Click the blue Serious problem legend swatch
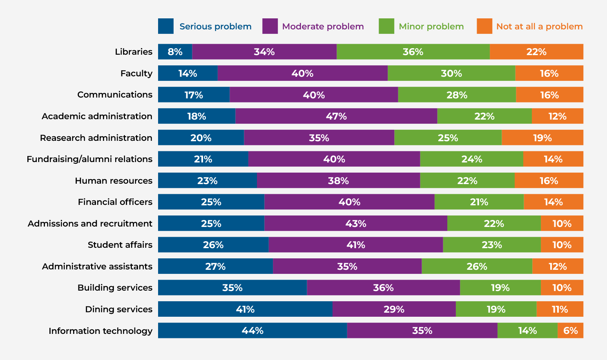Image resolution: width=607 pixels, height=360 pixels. pyautogui.click(x=166, y=26)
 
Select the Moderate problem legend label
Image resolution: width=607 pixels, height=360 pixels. pyautogui.click(x=323, y=27)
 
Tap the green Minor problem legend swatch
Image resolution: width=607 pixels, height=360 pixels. pyautogui.click(x=386, y=26)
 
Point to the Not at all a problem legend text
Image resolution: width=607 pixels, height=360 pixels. pyautogui.click(x=539, y=27)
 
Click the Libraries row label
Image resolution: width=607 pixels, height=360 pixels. pyautogui.click(x=134, y=52)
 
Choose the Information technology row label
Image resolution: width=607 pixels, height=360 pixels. pyautogui.click(x=100, y=331)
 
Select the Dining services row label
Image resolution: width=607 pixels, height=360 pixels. pyautogui.click(x=118, y=309)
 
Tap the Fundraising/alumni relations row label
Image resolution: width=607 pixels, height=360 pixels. pyautogui.click(x=89, y=159)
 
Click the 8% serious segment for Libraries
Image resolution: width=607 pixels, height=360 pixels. pyautogui.click(x=175, y=52)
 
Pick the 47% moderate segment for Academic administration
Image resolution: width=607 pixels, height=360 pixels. pyautogui.click(x=336, y=116)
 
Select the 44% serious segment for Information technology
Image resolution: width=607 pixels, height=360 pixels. pyautogui.click(x=252, y=331)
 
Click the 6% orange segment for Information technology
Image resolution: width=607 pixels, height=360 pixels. pyautogui.click(x=570, y=331)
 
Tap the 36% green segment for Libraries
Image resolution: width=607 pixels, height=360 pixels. pyautogui.click(x=413, y=52)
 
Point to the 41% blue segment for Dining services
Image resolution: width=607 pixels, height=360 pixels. pyautogui.click(x=245, y=309)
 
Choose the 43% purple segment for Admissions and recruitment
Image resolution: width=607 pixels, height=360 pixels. pyautogui.click(x=356, y=224)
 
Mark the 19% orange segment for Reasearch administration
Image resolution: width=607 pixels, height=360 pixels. pyautogui.click(x=542, y=138)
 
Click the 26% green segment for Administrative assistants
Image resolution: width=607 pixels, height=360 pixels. pyautogui.click(x=477, y=267)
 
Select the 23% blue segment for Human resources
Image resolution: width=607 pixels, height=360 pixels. pyautogui.click(x=208, y=181)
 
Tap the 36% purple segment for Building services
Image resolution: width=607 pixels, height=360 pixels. pyautogui.click(x=383, y=288)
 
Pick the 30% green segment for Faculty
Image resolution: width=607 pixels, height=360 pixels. pyautogui.click(x=451, y=73)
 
